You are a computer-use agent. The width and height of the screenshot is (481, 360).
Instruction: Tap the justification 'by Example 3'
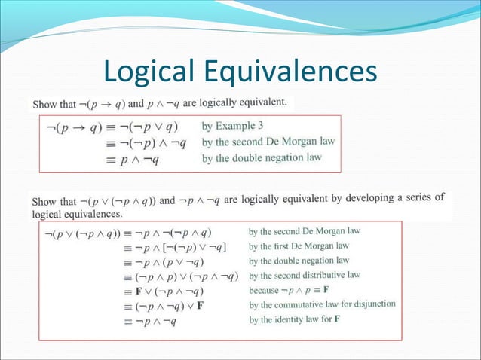point(233,125)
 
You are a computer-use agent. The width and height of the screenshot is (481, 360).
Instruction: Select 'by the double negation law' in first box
point(262,157)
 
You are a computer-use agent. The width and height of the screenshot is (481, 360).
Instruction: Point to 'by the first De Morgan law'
point(299,246)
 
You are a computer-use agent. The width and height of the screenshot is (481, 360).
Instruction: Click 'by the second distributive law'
point(304,275)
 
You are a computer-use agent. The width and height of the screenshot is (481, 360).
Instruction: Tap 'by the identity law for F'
point(294,319)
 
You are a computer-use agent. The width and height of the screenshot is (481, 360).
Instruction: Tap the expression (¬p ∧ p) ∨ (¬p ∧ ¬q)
point(187,276)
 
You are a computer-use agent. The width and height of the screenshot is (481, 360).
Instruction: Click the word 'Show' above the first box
point(44,102)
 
